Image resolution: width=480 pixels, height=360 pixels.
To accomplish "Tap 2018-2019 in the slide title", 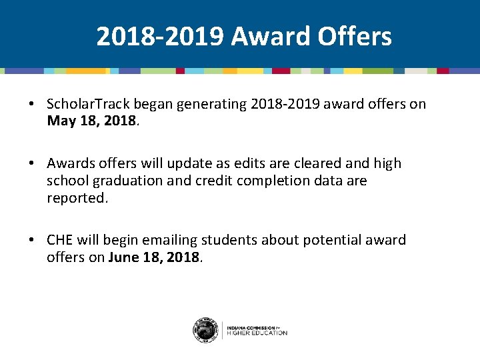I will tap(160, 37).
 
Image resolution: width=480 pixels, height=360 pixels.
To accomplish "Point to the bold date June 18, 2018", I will tap(153, 257).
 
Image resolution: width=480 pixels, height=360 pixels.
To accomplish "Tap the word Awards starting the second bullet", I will tap(69, 163).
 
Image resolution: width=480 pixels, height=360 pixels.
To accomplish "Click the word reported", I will tap(76, 198).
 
